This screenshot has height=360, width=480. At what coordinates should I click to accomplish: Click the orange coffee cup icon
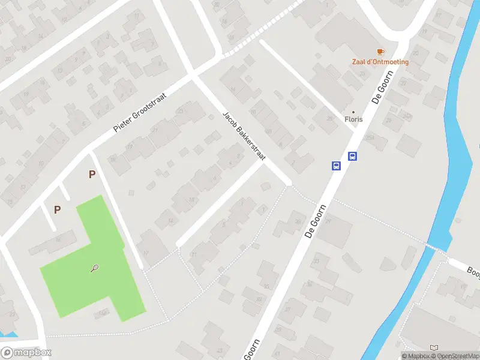(380, 52)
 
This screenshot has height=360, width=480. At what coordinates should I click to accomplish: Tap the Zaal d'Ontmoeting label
(380, 62)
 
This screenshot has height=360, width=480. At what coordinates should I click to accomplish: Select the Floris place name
(353, 119)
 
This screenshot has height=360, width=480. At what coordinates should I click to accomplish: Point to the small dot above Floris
(353, 112)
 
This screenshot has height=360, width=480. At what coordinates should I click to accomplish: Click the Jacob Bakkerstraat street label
(244, 135)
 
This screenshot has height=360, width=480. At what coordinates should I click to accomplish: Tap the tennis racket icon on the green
(95, 269)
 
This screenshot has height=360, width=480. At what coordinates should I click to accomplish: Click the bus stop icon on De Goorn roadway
(353, 157)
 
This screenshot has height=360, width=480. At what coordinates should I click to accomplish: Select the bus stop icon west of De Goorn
(337, 166)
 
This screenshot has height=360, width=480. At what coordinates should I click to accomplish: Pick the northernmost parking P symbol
(92, 175)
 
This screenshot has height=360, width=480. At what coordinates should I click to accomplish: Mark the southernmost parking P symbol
(57, 209)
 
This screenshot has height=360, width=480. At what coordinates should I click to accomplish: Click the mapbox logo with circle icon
(26, 353)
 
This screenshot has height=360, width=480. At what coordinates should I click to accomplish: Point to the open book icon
(434, 348)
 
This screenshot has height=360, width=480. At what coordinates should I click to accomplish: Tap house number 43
(220, 350)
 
